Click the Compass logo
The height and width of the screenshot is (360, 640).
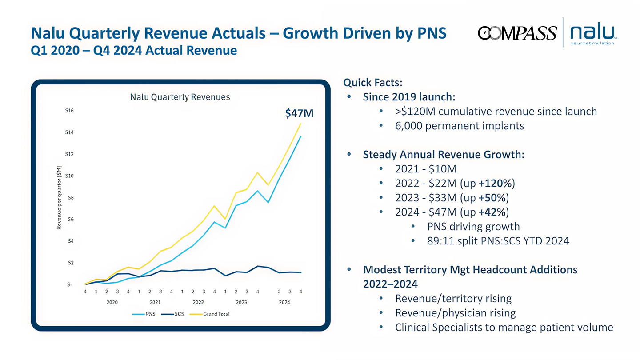click(517, 32)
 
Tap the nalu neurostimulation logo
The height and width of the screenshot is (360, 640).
click(592, 32)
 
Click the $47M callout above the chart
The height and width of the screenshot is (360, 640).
click(299, 113)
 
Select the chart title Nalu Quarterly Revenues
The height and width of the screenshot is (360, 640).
click(180, 96)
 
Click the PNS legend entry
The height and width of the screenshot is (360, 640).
click(147, 314)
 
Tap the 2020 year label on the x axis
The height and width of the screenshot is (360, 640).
click(112, 302)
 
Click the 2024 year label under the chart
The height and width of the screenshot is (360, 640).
click(284, 302)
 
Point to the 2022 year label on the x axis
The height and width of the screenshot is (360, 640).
click(198, 302)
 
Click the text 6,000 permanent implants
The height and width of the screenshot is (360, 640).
click(459, 126)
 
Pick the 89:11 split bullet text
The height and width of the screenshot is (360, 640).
click(498, 241)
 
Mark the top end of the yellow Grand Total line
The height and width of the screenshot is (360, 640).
click(301, 124)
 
